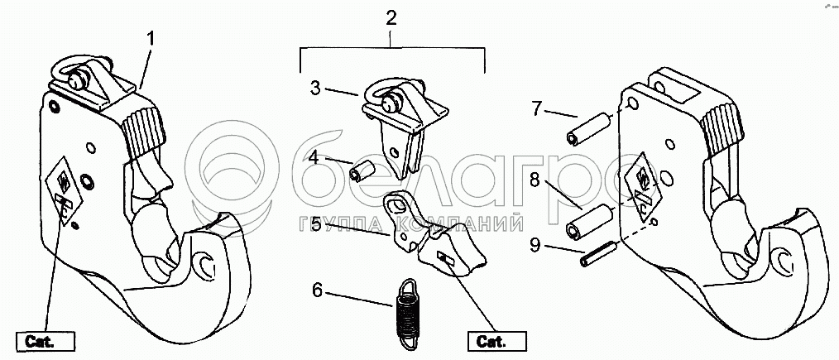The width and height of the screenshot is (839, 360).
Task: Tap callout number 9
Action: pyautogui.click(x=536, y=245)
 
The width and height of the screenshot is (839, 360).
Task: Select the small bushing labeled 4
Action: pyautogui.click(x=362, y=171)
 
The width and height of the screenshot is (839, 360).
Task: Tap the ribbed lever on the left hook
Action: pyautogui.click(x=141, y=131)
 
